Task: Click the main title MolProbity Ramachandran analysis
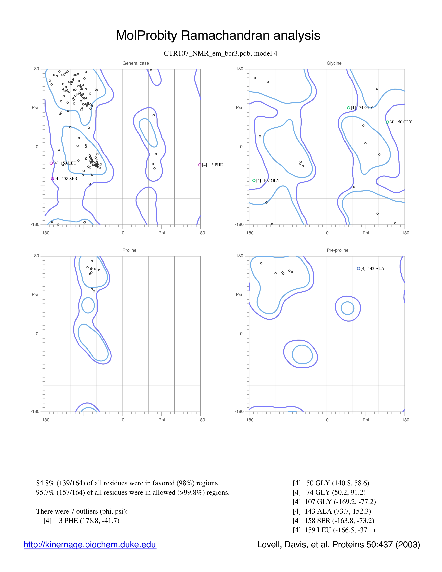[x=218, y=35]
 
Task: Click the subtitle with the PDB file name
[x=220, y=53]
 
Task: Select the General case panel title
[x=136, y=63]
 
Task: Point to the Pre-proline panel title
[x=337, y=250]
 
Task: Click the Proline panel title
[x=129, y=250]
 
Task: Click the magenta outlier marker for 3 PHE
[x=200, y=165]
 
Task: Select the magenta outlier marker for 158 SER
[x=52, y=179]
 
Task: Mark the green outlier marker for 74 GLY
[x=349, y=108]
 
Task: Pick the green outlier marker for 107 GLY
[x=254, y=180]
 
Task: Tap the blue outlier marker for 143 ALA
[x=358, y=268]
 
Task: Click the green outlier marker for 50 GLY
[x=388, y=122]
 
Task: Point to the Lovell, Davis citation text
[x=338, y=544]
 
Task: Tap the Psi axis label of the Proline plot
[x=35, y=295]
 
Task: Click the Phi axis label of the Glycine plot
[x=366, y=233]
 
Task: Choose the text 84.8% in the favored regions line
[x=45, y=483]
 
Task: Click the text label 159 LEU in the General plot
[x=69, y=163]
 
